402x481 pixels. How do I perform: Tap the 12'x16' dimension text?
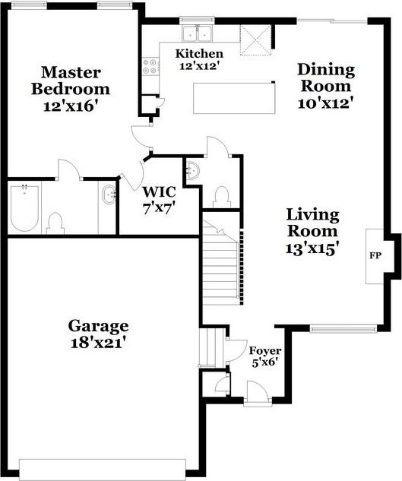(71, 106)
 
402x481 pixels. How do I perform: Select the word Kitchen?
(199, 54)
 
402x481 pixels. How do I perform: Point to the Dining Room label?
(325, 78)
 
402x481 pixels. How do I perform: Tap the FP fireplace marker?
(375, 255)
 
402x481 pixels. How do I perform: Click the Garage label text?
(98, 326)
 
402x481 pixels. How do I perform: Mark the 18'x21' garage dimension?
(98, 342)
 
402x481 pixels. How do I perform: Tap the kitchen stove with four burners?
(149, 67)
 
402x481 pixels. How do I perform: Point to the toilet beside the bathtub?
(55, 222)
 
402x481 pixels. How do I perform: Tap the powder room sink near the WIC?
(192, 171)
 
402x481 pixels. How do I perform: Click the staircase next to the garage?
(220, 266)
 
